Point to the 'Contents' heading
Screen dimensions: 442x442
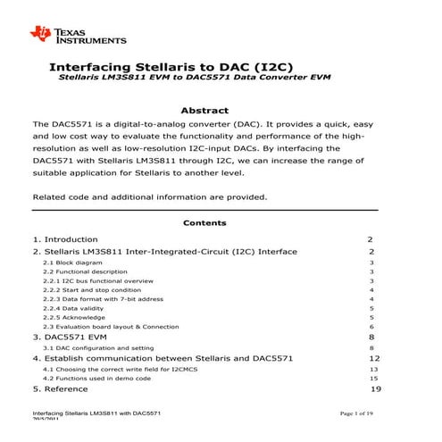point(204,222)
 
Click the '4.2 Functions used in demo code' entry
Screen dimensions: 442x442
point(97,379)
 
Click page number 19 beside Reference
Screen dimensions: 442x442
point(375,390)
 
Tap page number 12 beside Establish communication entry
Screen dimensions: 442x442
point(374,358)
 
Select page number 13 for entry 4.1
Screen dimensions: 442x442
point(374,369)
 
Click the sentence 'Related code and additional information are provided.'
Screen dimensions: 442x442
point(149,196)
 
